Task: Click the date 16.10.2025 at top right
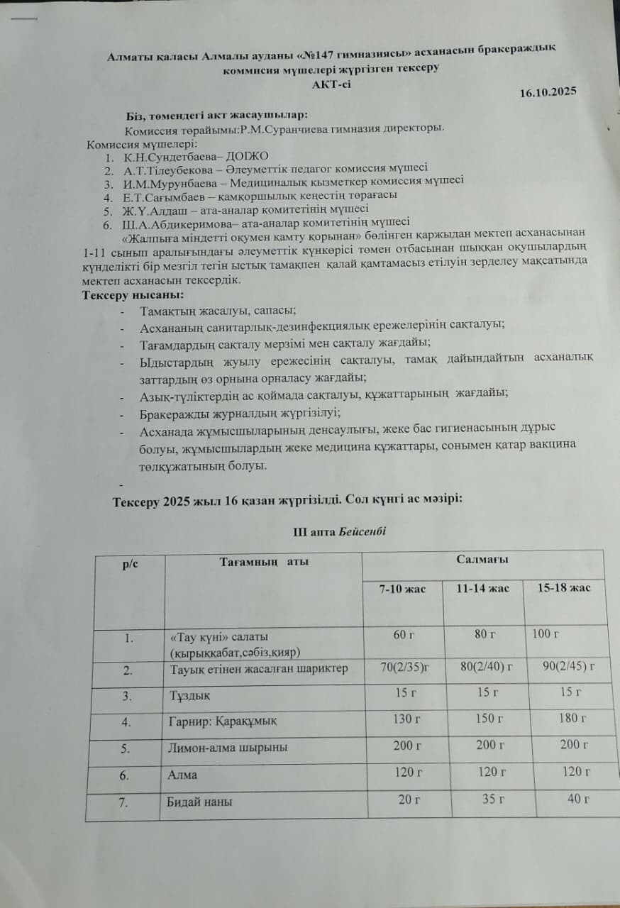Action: point(548,92)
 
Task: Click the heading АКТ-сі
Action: point(331,83)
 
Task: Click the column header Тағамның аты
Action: point(264,562)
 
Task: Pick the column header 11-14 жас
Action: point(483,589)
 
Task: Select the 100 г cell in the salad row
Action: point(546,633)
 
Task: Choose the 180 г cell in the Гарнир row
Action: point(572,719)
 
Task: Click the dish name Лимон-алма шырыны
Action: point(228,747)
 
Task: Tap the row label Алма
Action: point(182,775)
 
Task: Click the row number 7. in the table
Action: point(124,802)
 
